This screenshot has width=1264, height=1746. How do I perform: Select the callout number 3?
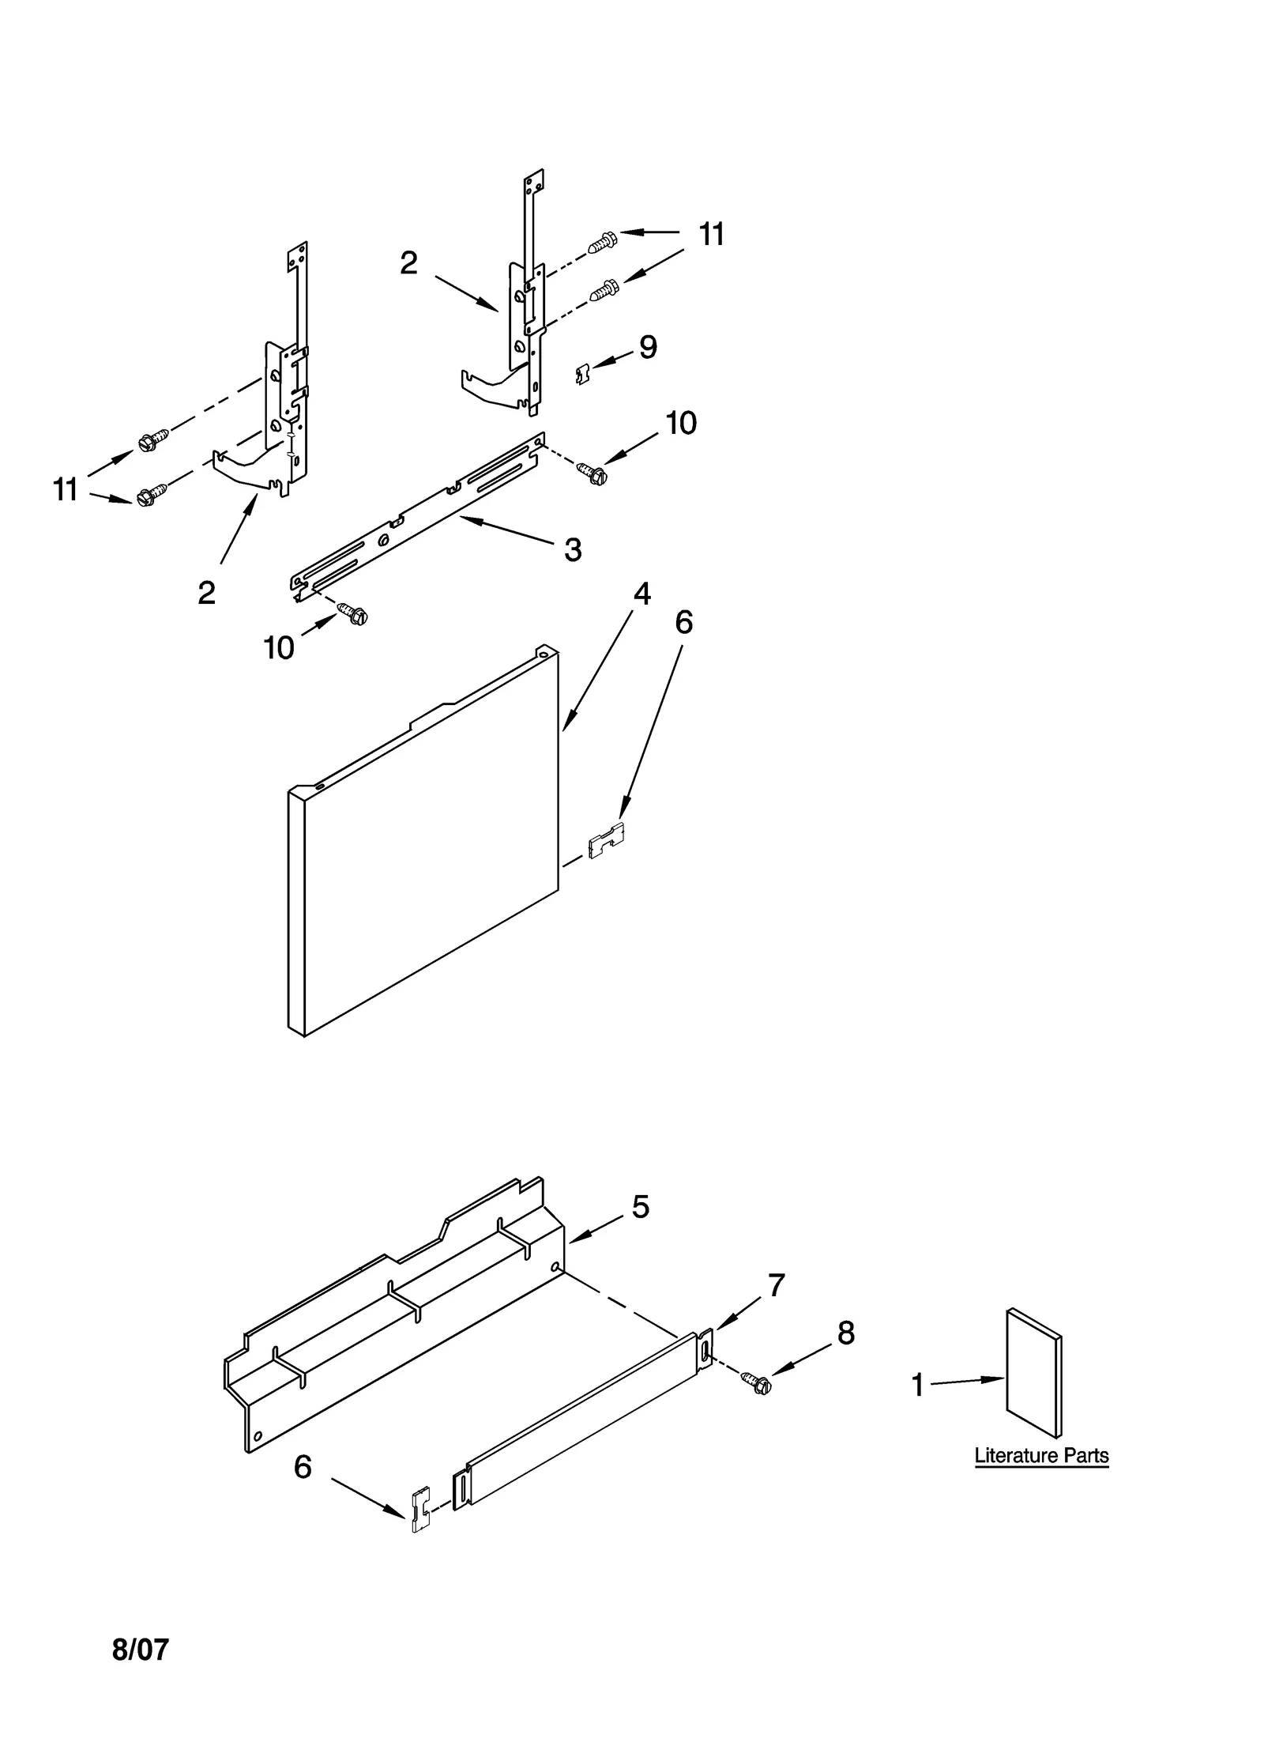tap(573, 549)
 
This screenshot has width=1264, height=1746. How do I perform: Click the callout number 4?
tap(641, 594)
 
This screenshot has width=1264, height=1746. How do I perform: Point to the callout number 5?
tap(641, 1206)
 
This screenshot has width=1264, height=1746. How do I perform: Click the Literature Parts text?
tap(1041, 1456)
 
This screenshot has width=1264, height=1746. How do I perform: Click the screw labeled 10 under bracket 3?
tap(352, 613)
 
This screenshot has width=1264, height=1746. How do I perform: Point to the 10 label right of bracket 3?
tap(680, 424)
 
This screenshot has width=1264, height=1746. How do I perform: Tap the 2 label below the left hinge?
tap(206, 593)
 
